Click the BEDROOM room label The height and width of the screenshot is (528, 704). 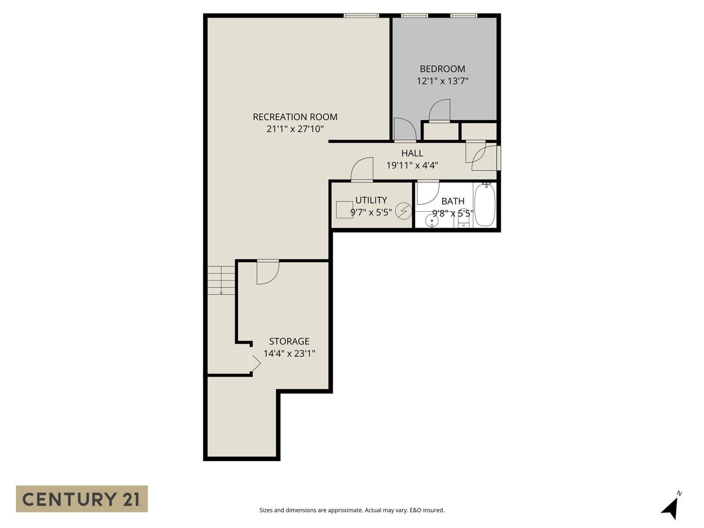click(x=442, y=69)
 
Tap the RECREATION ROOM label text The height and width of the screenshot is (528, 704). click(x=295, y=117)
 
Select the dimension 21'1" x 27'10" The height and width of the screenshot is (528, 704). click(x=295, y=129)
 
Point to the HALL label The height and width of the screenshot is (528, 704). click(x=412, y=153)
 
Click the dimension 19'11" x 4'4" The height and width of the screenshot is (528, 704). click(x=412, y=165)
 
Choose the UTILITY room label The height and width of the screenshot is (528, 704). click(x=371, y=200)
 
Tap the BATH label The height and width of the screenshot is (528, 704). click(x=453, y=201)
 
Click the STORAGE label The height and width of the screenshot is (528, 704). click(x=289, y=341)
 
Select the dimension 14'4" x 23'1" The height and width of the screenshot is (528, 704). click(x=289, y=353)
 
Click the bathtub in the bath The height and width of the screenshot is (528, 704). click(x=485, y=205)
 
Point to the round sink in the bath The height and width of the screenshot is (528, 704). click(x=432, y=221)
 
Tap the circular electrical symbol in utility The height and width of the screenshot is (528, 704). click(x=404, y=211)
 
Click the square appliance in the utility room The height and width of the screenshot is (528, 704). click(x=344, y=210)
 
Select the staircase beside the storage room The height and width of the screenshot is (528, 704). click(x=221, y=280)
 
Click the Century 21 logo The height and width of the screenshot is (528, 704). click(x=82, y=499)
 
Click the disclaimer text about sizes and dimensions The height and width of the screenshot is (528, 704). click(x=352, y=510)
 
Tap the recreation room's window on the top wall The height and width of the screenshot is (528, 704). click(x=361, y=15)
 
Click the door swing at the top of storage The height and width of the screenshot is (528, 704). click(x=268, y=272)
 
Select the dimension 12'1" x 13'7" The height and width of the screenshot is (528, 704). click(x=442, y=81)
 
